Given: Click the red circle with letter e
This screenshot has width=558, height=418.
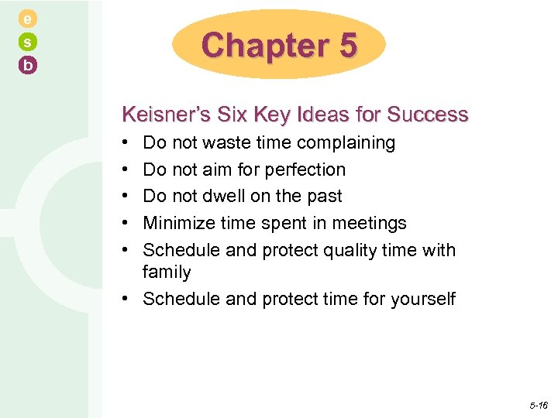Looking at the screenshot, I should pyautogui.click(x=28, y=18).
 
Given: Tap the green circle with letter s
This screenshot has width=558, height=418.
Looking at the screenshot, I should pyautogui.click(x=28, y=42).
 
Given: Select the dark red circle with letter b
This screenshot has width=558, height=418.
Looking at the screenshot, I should pyautogui.click(x=28, y=66).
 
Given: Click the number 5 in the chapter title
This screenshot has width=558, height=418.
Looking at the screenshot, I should pyautogui.click(x=347, y=46).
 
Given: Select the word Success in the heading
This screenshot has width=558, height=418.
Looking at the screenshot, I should pyautogui.click(x=428, y=115).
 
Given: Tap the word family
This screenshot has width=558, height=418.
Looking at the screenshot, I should pyautogui.click(x=167, y=272).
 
